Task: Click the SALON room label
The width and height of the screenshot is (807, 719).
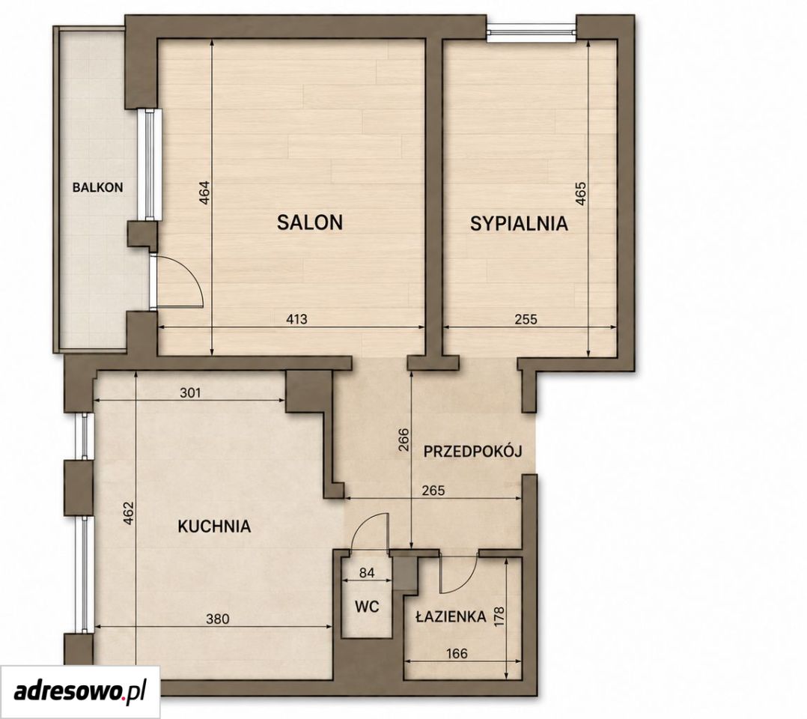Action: click(310, 222)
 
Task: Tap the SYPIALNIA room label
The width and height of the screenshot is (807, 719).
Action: click(520, 223)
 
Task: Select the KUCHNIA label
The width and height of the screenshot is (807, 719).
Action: click(214, 527)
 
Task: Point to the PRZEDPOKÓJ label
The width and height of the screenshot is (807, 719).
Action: click(473, 451)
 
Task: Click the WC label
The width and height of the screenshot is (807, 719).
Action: click(367, 606)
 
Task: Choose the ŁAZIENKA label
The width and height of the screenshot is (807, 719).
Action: click(451, 616)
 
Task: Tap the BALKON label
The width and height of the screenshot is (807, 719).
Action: click(98, 187)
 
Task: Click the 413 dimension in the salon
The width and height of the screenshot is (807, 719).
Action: click(296, 319)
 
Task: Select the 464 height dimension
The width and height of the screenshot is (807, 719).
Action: click(205, 192)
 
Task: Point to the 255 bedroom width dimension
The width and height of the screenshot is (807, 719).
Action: click(526, 319)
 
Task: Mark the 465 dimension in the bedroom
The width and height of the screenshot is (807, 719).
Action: click(580, 194)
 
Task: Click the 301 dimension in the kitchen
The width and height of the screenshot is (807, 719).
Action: click(190, 393)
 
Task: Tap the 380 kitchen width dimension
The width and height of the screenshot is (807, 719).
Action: click(217, 618)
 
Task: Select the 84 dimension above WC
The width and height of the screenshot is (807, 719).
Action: click(367, 573)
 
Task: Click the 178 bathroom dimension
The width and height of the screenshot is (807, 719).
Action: click(499, 617)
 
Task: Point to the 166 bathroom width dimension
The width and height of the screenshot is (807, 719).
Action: click(457, 654)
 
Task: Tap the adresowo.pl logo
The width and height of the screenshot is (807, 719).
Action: click(80, 691)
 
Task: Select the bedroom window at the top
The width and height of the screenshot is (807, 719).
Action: click(532, 31)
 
